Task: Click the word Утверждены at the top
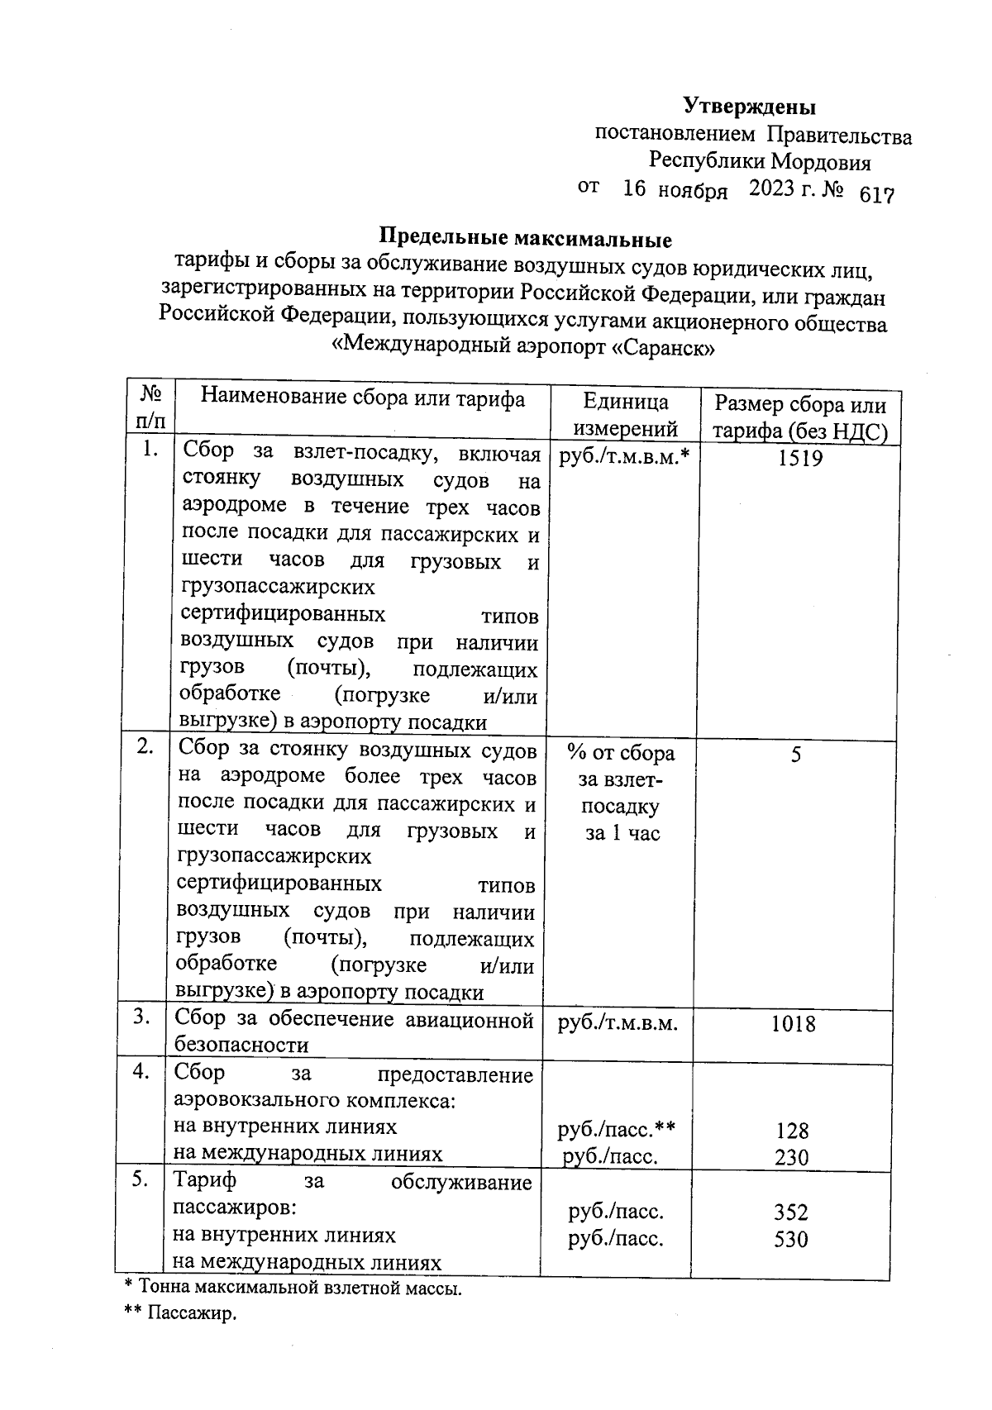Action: pyautogui.click(x=749, y=107)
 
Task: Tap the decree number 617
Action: pyautogui.click(x=877, y=195)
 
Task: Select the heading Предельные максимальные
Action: pyautogui.click(x=525, y=240)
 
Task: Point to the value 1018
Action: pyautogui.click(x=793, y=1024)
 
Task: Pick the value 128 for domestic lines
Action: pyautogui.click(x=791, y=1130)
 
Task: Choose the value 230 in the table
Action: pyautogui.click(x=791, y=1157)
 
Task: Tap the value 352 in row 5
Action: pyautogui.click(x=790, y=1212)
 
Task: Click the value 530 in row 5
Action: pyautogui.click(x=790, y=1240)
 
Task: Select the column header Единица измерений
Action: pyautogui.click(x=626, y=415)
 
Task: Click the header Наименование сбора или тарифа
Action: pyautogui.click(x=363, y=398)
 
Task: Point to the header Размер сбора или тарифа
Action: pyautogui.click(x=799, y=417)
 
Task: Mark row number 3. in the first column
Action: pyautogui.click(x=142, y=1017)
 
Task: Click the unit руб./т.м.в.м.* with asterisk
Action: pyautogui.click(x=624, y=457)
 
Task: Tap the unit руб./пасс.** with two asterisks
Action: pyautogui.click(x=617, y=1128)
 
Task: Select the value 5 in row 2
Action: pyautogui.click(x=795, y=755)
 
